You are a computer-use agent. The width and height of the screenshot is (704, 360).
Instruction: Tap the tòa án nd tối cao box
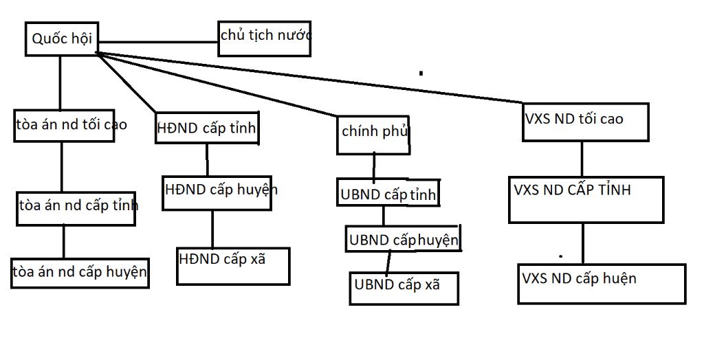(64, 125)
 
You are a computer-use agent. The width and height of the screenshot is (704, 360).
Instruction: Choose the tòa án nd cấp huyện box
(80, 273)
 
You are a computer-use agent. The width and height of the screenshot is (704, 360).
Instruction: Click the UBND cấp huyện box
(402, 239)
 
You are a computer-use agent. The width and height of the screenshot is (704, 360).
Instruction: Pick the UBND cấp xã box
(404, 288)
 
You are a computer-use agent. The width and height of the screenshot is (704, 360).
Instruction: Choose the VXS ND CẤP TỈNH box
(586, 199)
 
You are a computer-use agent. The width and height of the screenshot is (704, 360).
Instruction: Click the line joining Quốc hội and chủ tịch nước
(156, 42)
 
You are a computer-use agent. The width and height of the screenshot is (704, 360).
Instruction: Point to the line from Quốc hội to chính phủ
(220, 85)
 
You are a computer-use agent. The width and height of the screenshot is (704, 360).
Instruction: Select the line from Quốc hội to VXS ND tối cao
(309, 76)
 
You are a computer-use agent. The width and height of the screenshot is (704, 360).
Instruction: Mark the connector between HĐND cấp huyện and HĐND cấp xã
(212, 229)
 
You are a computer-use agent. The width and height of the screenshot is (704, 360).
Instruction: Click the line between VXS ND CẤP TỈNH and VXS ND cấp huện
(584, 243)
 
